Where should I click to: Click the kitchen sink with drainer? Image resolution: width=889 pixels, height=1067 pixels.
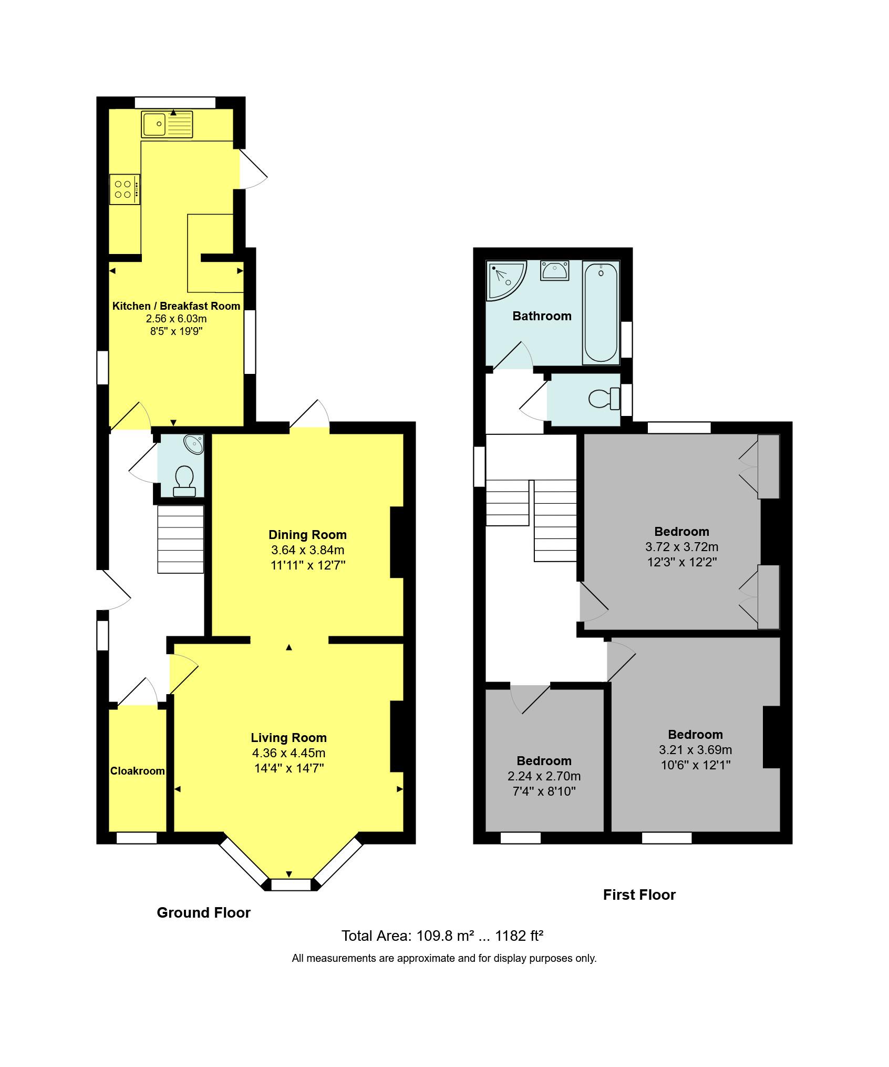[x=167, y=124]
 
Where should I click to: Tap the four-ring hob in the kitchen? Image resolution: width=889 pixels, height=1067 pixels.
[x=125, y=189]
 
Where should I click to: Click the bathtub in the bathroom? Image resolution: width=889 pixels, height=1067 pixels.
[x=601, y=313]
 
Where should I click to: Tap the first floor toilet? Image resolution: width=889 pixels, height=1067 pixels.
[x=604, y=399]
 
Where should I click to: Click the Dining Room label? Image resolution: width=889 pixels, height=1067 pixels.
[x=307, y=535]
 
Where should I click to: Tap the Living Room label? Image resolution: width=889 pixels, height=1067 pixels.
[x=288, y=738]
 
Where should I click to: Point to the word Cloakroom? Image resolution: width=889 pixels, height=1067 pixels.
[x=137, y=771]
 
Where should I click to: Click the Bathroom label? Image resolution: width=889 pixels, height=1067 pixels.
[x=542, y=316]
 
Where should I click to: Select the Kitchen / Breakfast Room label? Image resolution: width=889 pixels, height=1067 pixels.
[x=176, y=306]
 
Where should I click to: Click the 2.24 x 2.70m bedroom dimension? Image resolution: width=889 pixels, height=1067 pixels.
[x=544, y=776]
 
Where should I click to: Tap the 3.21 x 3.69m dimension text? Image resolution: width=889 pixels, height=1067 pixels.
[x=695, y=750]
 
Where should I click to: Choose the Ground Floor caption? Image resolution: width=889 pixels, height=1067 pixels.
[x=203, y=912]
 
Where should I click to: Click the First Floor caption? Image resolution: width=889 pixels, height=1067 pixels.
[x=639, y=895]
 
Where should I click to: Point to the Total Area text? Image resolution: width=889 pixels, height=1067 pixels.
[x=442, y=936]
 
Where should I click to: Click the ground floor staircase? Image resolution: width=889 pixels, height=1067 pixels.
[x=180, y=539]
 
